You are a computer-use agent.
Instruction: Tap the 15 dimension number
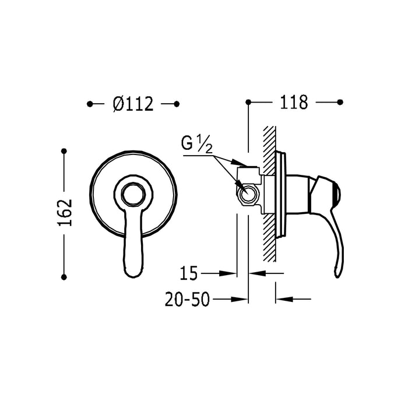tap(189, 272)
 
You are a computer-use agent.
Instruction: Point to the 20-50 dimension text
tap(188, 299)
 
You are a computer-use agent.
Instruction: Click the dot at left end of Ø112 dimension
tap(89, 104)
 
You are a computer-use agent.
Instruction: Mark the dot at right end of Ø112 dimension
tap(177, 104)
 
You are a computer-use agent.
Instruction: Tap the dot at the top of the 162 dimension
tap(65, 152)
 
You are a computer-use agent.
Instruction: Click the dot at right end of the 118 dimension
tap(340, 102)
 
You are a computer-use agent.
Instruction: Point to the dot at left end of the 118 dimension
tap(249, 102)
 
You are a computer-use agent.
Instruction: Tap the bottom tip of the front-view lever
tap(132, 272)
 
